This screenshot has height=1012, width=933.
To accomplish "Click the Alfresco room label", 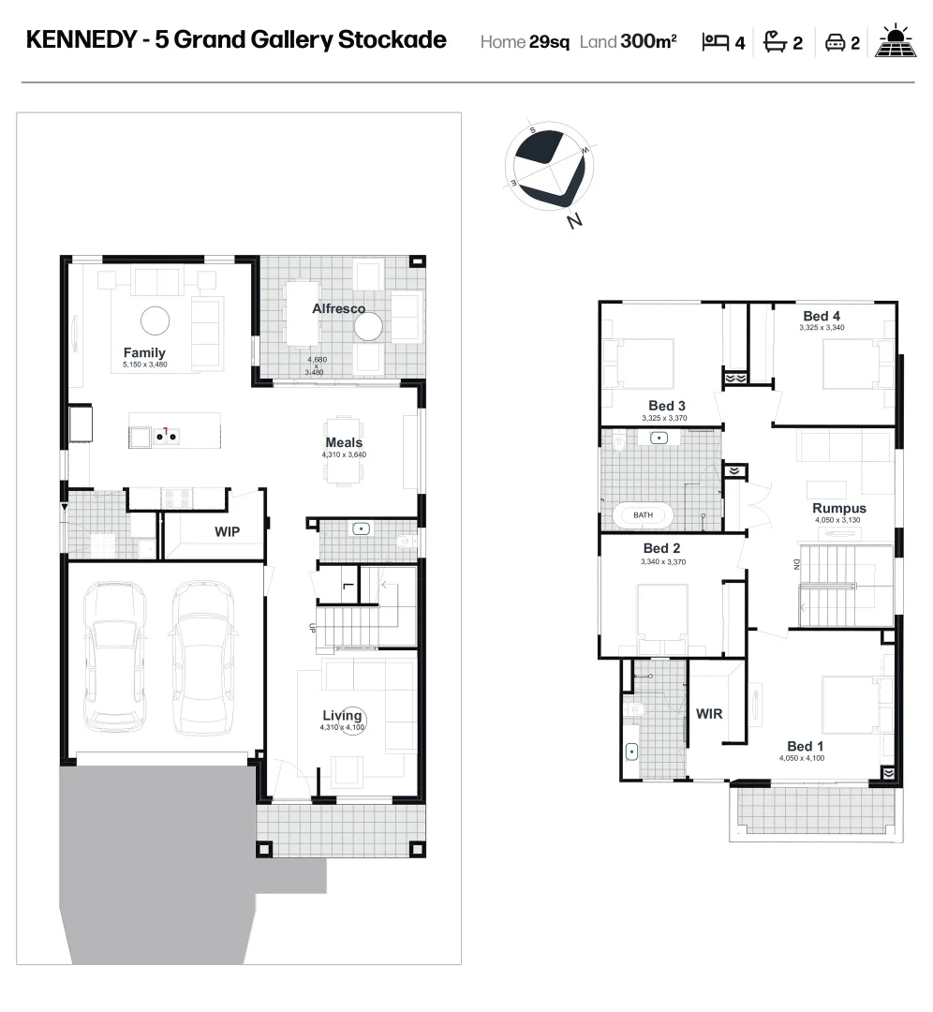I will click(x=338, y=308).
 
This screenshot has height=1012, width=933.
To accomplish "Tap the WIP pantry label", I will click(x=227, y=532).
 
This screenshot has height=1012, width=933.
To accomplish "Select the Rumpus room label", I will click(x=838, y=509).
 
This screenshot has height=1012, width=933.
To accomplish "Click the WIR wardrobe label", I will click(x=709, y=713).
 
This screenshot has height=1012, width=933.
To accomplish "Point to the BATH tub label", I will click(x=643, y=514).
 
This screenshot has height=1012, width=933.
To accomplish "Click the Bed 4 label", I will click(x=822, y=316).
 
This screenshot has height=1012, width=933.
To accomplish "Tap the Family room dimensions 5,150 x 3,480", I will click(x=144, y=364).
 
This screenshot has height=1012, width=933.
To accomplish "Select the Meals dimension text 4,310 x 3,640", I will click(x=344, y=454).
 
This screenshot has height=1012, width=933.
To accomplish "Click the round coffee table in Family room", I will click(x=155, y=321).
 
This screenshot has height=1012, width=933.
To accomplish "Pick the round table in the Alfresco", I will click(x=368, y=326).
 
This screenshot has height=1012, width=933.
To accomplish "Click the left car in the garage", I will click(x=115, y=656).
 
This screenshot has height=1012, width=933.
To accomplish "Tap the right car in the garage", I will click(x=202, y=656).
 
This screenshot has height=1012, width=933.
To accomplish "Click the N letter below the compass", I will click(x=574, y=221).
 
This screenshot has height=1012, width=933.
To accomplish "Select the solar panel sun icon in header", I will click(x=895, y=41).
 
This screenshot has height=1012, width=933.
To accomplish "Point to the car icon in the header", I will click(x=835, y=41).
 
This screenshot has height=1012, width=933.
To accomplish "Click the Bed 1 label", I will click(x=806, y=747).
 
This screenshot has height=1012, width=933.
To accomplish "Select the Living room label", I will click(x=342, y=716).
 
